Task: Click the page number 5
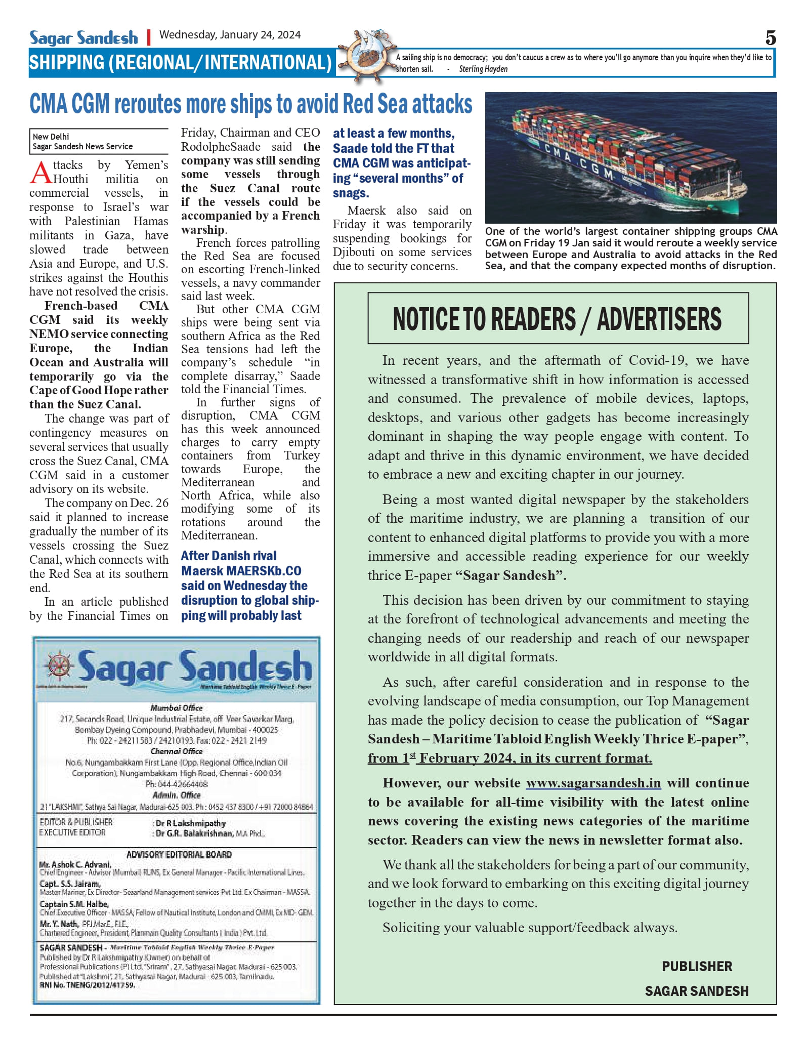click(770, 38)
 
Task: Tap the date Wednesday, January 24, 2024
click(230, 35)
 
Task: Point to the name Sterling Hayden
click(483, 69)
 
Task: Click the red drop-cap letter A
click(40, 173)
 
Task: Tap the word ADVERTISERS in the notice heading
click(659, 319)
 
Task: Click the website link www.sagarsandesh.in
click(593, 783)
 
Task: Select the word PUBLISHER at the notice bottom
click(697, 966)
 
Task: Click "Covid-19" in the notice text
click(658, 360)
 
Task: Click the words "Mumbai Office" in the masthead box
click(176, 707)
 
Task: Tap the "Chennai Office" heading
click(176, 751)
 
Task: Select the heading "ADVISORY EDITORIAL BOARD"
click(179, 854)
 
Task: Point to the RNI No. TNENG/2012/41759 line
click(87, 985)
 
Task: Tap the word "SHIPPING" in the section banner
click(66, 63)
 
